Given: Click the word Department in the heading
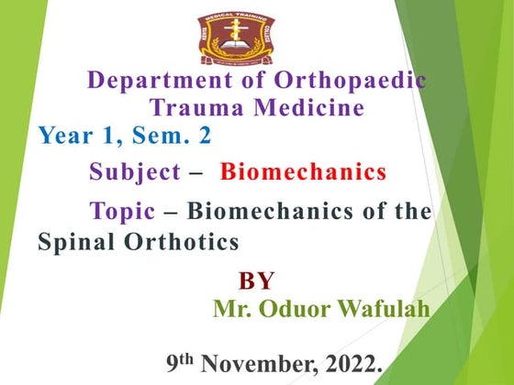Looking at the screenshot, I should [156, 81].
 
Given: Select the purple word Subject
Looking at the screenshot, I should [134, 171].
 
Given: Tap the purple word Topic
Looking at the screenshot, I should [122, 212].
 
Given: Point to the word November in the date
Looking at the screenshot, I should [264, 365].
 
